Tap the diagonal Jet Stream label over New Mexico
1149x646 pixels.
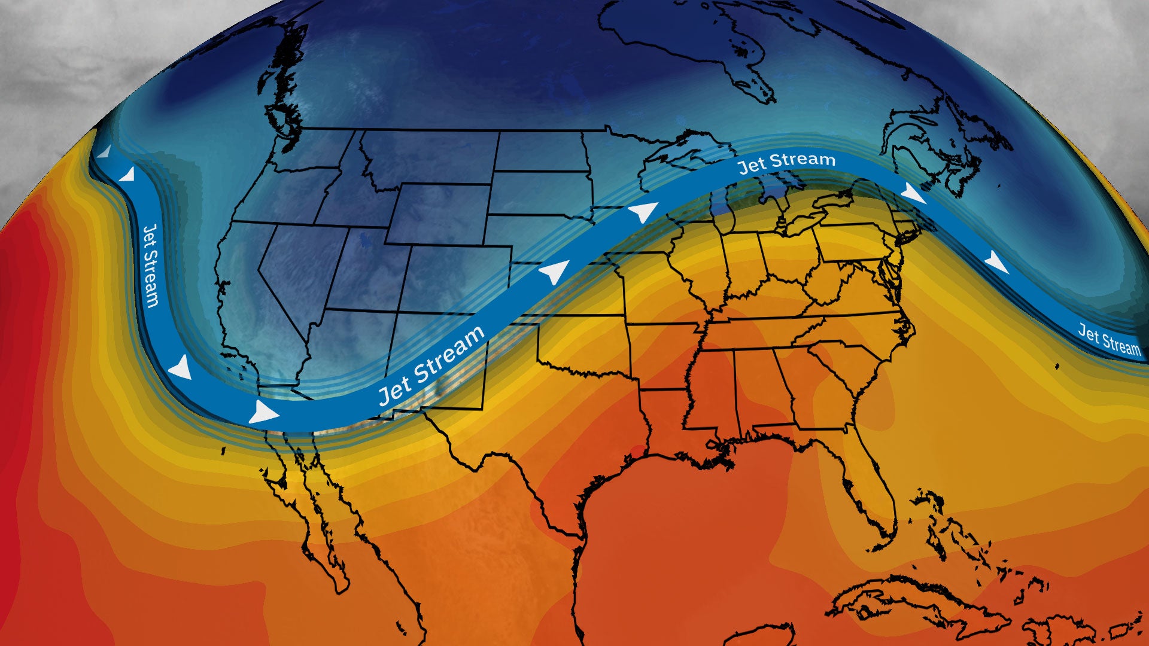pyautogui.click(x=431, y=365)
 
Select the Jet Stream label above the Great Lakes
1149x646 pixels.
pyautogui.click(x=786, y=162)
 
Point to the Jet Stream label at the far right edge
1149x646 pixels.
pyautogui.click(x=1109, y=339)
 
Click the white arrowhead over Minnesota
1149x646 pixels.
pyautogui.click(x=643, y=212)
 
